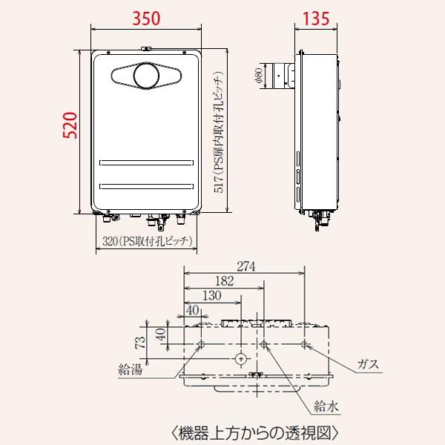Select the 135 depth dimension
(318, 19)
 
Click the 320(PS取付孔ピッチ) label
(145, 240)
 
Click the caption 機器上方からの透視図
(255, 431)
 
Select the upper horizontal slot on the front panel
(145, 161)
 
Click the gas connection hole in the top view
(305, 344)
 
